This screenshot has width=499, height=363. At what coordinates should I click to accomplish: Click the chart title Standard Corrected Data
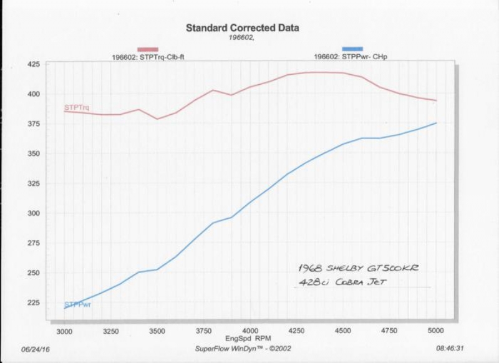coord(242,28)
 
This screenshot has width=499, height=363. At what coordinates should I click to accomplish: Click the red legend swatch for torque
coord(148,49)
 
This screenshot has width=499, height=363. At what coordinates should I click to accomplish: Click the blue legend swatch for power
coord(352,49)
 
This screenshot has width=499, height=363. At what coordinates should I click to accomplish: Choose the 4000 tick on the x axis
coord(251,330)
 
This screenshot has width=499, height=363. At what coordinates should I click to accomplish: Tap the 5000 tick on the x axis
coord(437,330)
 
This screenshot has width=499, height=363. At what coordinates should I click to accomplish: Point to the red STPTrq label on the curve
coord(77,109)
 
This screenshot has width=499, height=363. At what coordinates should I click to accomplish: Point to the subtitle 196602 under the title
coord(242,37)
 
